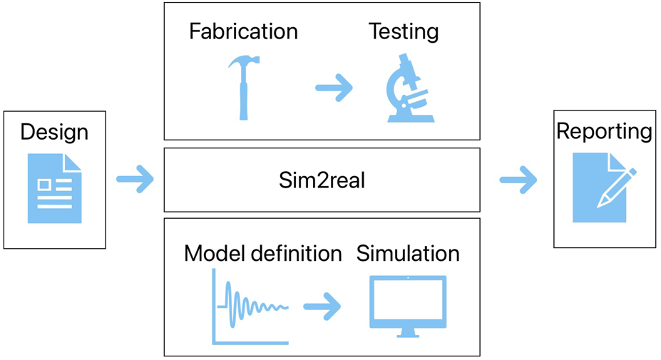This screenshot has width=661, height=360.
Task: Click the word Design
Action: [x=54, y=132]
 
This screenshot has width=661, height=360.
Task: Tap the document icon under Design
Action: [x=55, y=188]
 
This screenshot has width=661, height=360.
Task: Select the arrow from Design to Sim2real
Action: [x=135, y=179]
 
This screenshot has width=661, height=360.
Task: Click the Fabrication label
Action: [x=243, y=31]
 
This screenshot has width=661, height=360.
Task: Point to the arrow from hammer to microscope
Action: [x=334, y=88]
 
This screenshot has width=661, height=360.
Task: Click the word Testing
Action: [x=404, y=31]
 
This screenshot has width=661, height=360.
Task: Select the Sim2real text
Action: [x=322, y=180]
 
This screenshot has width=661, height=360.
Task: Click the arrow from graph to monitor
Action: [x=322, y=307]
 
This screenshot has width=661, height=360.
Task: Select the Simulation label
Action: [x=408, y=253]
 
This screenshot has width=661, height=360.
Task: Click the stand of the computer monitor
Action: [x=408, y=333]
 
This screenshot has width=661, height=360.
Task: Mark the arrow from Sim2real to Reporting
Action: [x=518, y=180]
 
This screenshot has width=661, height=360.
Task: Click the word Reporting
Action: [x=604, y=132]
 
